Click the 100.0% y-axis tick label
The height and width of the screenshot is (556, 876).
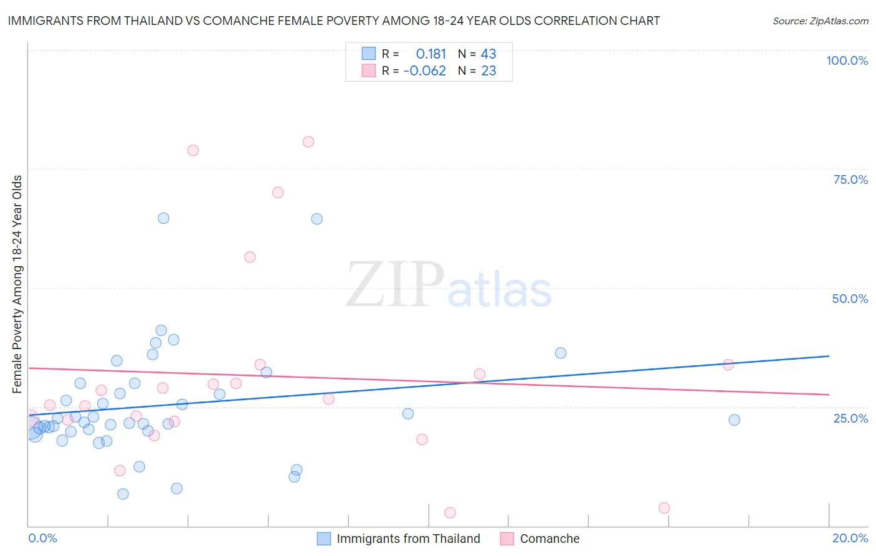[x=847, y=60]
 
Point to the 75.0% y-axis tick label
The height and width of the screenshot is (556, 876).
[x=850, y=180]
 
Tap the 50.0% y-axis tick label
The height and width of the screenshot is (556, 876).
[x=850, y=299]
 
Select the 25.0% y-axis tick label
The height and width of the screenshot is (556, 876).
[x=850, y=418]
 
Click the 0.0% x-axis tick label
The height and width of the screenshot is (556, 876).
[x=42, y=538]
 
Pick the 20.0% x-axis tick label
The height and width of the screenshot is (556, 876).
[x=850, y=538]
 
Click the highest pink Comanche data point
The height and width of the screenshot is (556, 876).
[x=308, y=141]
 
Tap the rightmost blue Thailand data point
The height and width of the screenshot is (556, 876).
[x=735, y=420]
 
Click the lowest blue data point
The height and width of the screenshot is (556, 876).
[x=123, y=494]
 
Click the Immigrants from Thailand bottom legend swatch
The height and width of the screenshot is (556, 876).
[x=324, y=539]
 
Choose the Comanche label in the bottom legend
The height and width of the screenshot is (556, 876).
[x=550, y=539]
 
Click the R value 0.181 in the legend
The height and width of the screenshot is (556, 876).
[x=431, y=54]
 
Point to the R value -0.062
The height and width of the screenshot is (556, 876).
[x=425, y=71]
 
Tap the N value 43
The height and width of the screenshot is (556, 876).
[x=488, y=54]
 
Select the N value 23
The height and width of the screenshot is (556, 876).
[x=488, y=71]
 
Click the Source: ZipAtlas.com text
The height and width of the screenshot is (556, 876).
[x=820, y=21]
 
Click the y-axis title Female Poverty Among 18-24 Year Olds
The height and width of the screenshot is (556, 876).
[x=17, y=284]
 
